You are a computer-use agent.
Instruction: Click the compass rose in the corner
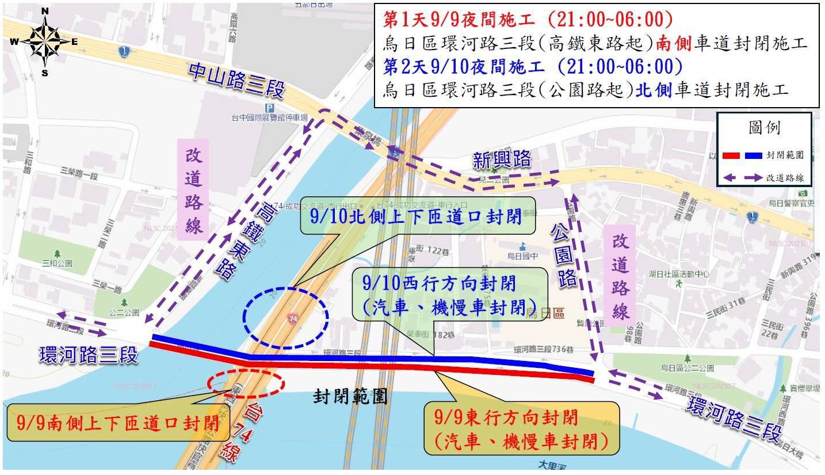(44, 42)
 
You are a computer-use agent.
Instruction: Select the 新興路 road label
(502, 159)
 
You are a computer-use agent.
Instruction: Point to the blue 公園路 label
(564, 254)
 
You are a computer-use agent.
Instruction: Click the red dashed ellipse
(246, 382)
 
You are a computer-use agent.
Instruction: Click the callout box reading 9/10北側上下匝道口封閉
(418, 215)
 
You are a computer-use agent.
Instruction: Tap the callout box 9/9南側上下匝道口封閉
(117, 422)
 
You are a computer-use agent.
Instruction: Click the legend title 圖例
(764, 127)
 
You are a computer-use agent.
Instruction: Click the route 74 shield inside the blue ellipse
(293, 318)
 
